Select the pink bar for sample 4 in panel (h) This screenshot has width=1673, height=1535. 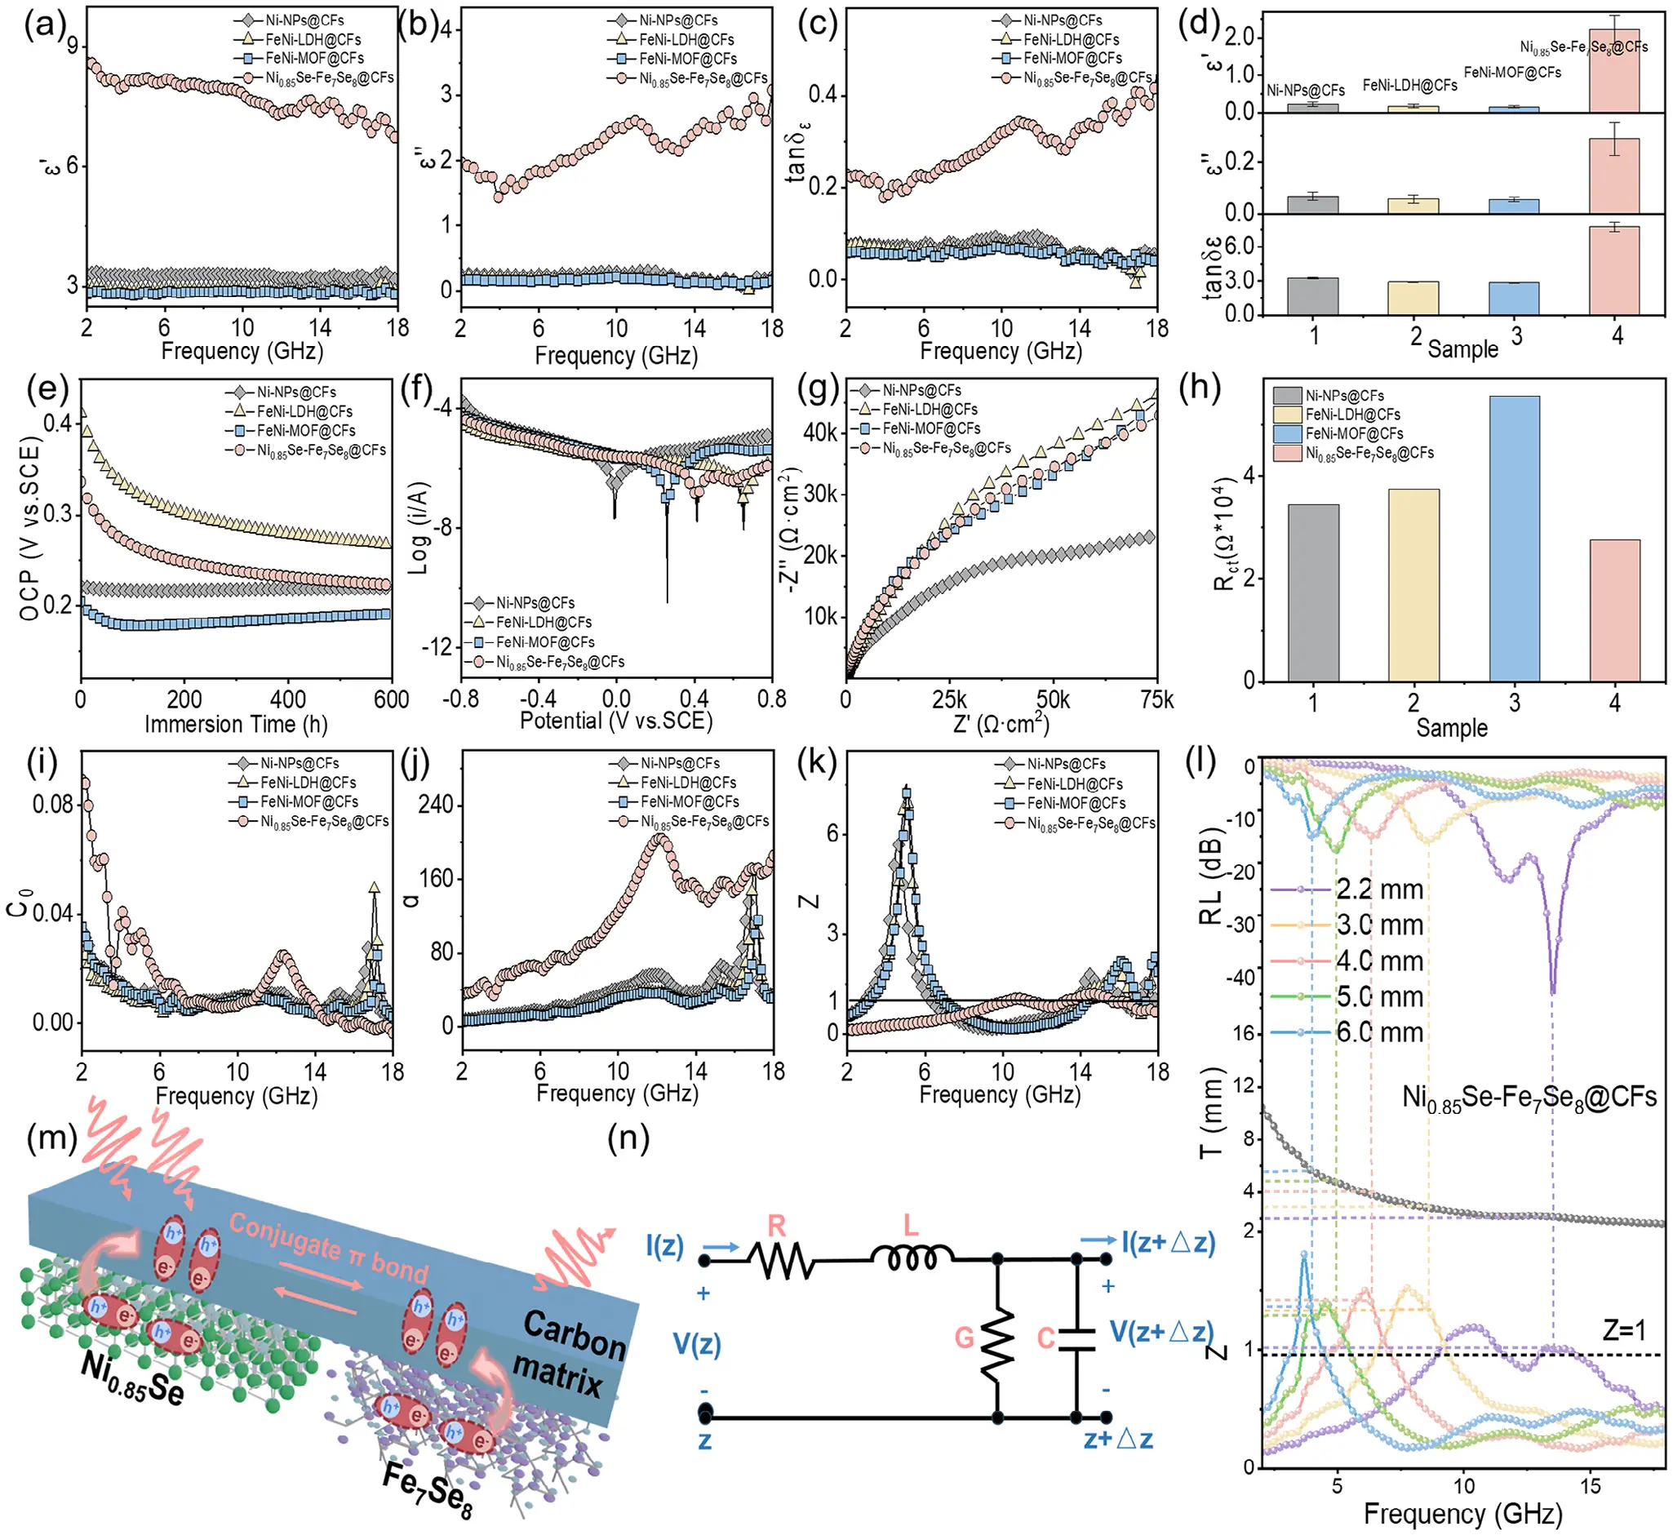pos(1614,610)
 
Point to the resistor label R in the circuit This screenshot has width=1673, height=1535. pos(776,1226)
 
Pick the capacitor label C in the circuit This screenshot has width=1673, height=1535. pos(1046,1338)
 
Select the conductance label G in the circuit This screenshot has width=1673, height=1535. pos(964,1338)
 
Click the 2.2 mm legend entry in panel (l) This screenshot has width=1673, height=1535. pos(1379,890)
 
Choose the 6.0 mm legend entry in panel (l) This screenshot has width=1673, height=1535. pos(1379,1032)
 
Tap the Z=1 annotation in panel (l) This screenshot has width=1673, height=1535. pos(1624,1331)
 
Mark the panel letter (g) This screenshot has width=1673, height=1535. pos(819,388)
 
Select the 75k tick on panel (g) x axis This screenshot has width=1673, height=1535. pos(1156,700)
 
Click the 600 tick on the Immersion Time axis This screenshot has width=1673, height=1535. pos(391,699)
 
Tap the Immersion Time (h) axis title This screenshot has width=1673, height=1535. pos(236,725)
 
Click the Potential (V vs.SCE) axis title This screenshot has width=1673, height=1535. pos(615,720)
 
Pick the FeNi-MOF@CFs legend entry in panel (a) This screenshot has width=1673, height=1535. pos(314,58)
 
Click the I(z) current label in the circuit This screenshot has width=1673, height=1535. pos(664,1245)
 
